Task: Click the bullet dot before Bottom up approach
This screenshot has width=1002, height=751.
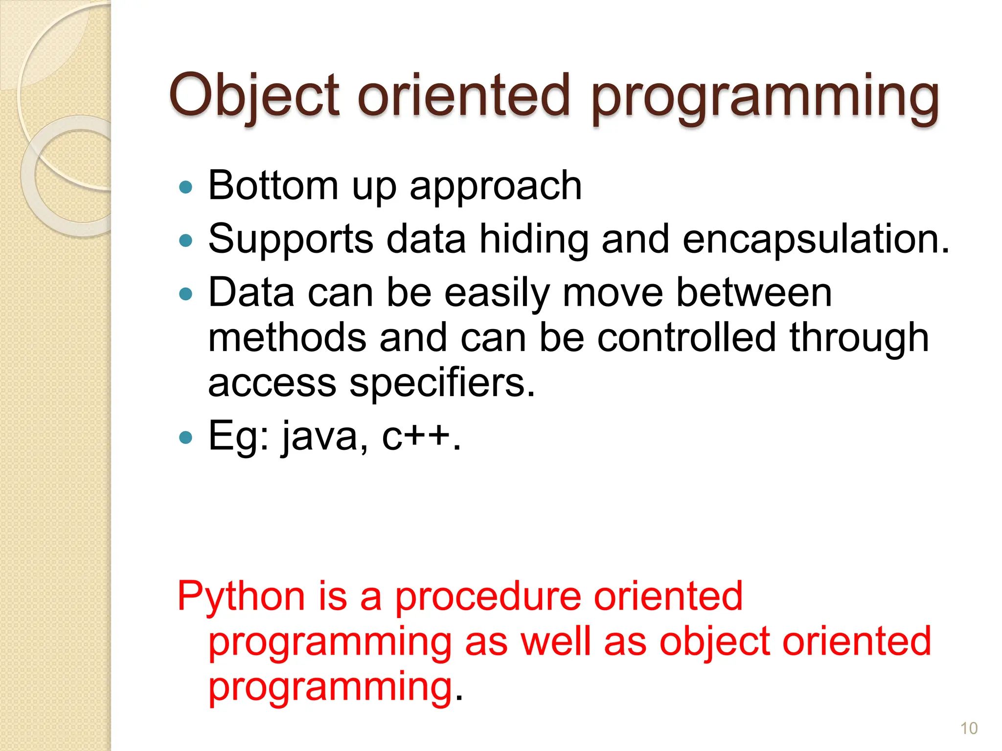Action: click(186, 187)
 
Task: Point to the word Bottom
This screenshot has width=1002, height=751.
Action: click(273, 186)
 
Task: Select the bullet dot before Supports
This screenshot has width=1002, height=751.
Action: click(186, 240)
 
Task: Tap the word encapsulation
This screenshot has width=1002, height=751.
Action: click(815, 240)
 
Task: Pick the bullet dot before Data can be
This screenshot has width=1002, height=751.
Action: click(186, 294)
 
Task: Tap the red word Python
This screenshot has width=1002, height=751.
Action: click(241, 597)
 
